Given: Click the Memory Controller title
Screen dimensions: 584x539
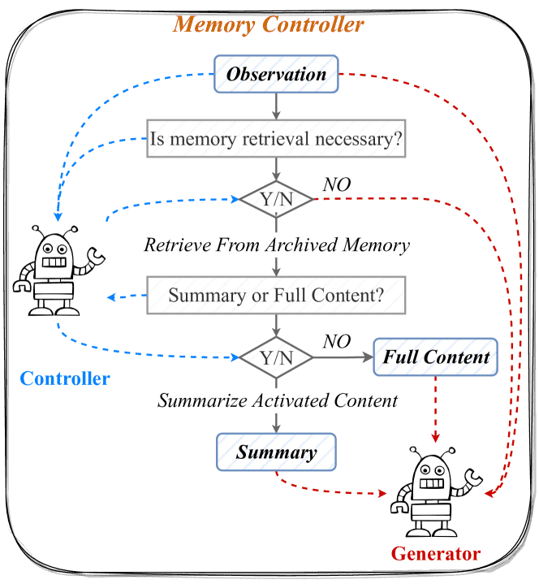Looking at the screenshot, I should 269,24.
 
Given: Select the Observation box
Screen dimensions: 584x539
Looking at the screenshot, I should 276,75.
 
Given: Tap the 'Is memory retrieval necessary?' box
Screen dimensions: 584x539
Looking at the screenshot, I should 276,139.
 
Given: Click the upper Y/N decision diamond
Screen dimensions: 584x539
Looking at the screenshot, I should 276,198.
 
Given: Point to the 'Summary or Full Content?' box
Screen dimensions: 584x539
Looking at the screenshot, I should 276,295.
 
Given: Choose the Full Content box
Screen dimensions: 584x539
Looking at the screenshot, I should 436,357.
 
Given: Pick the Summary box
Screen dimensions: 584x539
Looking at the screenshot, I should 276,452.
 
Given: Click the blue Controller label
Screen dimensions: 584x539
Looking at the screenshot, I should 65,379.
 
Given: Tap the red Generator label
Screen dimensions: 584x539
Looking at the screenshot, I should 436,555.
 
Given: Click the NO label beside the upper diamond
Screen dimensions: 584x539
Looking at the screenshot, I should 337,184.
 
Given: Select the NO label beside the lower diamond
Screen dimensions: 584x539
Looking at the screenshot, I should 337,341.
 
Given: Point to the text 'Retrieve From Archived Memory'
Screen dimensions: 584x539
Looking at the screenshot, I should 276,244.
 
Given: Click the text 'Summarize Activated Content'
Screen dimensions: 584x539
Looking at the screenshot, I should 278,401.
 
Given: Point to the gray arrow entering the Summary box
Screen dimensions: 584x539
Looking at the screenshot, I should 277,422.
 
